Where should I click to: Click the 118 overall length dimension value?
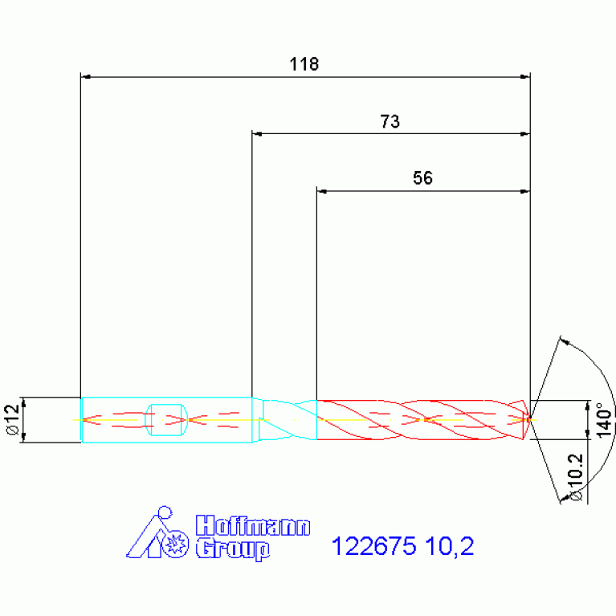[x=304, y=64]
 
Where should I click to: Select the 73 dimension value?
[x=390, y=121]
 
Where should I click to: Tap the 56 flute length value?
[x=422, y=178]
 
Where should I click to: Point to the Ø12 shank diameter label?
[x=13, y=419]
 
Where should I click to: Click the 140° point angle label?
[x=605, y=419]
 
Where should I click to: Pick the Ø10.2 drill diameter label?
[x=576, y=477]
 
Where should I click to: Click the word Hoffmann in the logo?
[x=253, y=525]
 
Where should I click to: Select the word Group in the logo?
[x=233, y=549]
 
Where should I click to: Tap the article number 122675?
[x=373, y=546]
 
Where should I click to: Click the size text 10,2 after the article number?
[x=450, y=547]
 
